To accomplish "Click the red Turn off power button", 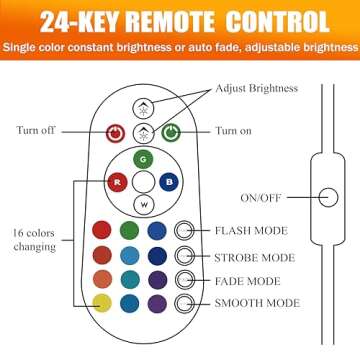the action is pos(115,134).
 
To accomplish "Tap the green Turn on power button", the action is pos(171,133).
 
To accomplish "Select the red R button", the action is pos(117,182).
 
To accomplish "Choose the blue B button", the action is pos(169,182).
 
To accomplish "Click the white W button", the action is pos(144,204).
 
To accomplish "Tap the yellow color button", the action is pos(102,303).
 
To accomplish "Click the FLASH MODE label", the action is pos(251,231).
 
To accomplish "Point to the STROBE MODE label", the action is pos(254,258).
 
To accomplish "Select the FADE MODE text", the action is pos(247,281).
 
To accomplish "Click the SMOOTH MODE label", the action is pos(257,303).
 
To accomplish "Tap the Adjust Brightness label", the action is pos(256,89).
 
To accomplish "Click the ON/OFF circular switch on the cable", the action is pos(328,197).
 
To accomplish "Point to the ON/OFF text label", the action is pos(261,198).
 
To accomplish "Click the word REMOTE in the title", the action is pos(173,23).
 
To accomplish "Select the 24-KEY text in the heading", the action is pos(82,23).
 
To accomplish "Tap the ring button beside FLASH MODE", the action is pos(184,230).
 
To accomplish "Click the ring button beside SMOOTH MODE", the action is pos(184,303).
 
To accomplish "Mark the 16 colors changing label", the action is pos(34,240).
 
